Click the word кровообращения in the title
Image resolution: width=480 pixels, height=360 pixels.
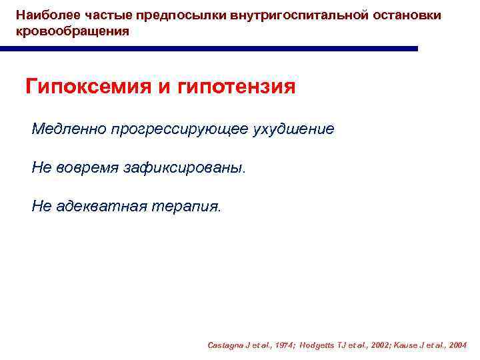[73, 31]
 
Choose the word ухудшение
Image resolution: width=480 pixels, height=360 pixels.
[293, 129]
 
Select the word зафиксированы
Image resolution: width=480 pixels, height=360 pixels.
[185, 168]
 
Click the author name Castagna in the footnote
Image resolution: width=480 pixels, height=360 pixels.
[225, 345]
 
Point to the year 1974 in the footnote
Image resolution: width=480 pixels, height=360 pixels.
[285, 345]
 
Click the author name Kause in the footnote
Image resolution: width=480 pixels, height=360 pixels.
[404, 345]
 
